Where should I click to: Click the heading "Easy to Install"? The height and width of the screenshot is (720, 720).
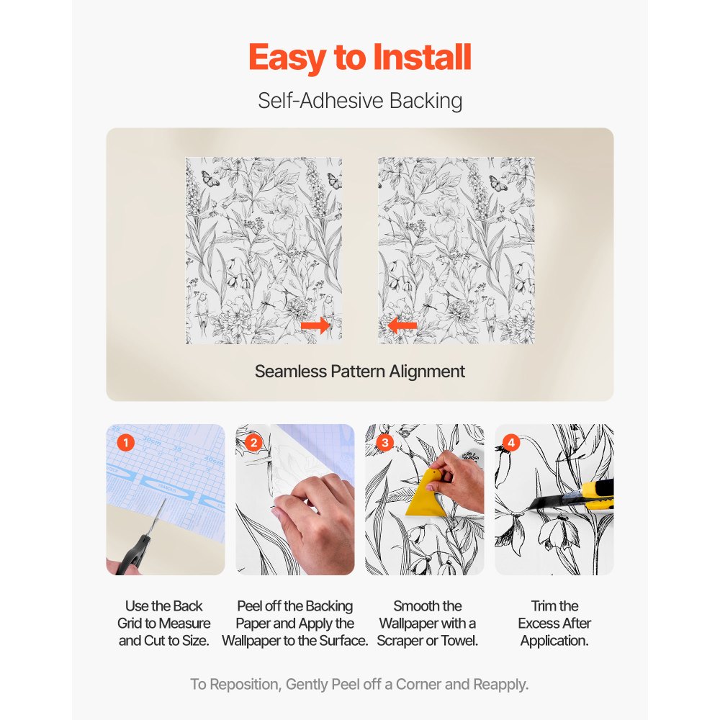point(360,58)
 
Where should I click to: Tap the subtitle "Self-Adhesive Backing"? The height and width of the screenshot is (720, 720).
point(360,101)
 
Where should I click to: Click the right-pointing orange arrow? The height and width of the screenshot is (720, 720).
point(315,326)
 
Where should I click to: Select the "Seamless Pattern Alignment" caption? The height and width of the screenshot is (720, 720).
point(360,372)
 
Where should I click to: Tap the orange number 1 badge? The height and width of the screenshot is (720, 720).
point(125,443)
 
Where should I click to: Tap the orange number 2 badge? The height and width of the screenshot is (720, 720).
point(253,443)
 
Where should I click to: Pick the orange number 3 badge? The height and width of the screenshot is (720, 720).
point(384,443)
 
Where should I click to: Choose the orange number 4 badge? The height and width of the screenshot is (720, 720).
point(511,443)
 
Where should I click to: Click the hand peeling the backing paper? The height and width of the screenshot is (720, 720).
point(317,518)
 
